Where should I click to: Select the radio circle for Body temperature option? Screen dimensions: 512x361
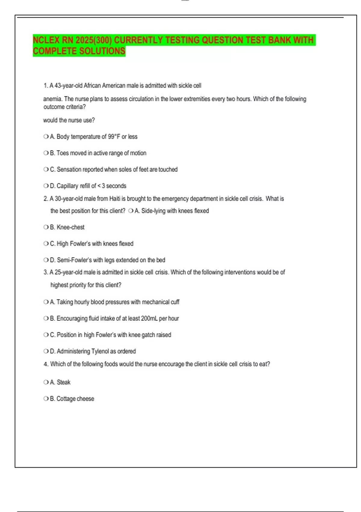[46, 137]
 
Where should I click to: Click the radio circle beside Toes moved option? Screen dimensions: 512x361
[46, 153]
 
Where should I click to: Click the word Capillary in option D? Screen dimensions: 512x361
[67, 186]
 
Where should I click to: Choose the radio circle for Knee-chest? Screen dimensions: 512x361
[46, 227]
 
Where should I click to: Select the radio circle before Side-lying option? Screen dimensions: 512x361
[131, 211]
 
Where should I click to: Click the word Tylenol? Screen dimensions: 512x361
[100, 351]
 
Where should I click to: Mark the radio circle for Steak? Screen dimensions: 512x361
[46, 382]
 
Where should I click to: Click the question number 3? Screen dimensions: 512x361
[45, 272]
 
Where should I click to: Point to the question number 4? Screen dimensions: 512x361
[45, 364]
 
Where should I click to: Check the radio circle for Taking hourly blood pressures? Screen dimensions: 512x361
[46, 302]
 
